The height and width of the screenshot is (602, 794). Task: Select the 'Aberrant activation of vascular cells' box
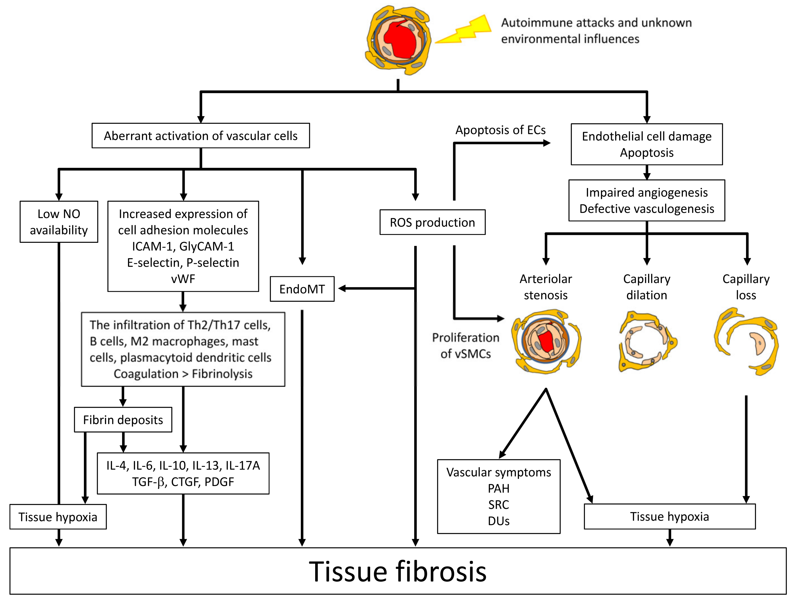(201, 136)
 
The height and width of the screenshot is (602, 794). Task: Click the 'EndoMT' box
(302, 289)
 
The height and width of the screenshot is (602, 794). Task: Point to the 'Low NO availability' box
(59, 222)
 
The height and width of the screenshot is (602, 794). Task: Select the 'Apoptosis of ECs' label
(500, 130)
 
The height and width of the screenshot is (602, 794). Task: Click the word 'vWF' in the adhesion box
(183, 279)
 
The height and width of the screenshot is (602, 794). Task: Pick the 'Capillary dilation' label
(646, 287)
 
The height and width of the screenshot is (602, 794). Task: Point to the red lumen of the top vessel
(399, 40)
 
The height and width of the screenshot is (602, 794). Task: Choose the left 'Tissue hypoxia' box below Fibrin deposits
(58, 517)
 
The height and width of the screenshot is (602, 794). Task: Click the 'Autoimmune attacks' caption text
(596, 23)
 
